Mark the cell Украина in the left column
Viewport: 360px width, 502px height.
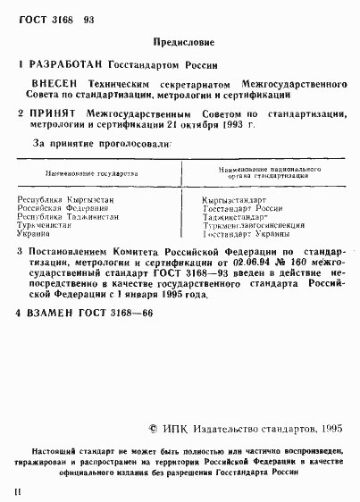coord(37,234)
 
